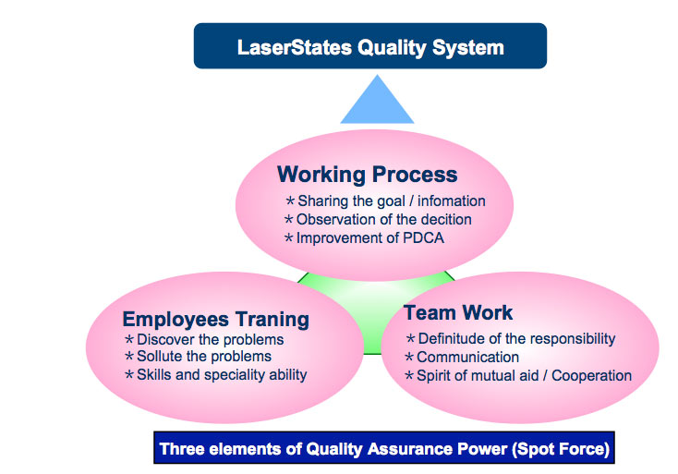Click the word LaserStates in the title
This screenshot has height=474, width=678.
(295, 47)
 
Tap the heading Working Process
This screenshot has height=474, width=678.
(367, 175)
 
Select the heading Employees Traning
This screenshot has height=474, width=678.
(216, 320)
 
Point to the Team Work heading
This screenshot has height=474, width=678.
(458, 312)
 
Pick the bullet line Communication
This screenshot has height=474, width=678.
(462, 357)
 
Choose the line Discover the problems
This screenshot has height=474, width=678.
(204, 339)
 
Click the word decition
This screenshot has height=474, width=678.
(446, 219)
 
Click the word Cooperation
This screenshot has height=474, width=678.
(591, 375)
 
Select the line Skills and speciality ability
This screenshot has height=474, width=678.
(216, 374)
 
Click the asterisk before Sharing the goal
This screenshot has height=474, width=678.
(290, 201)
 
